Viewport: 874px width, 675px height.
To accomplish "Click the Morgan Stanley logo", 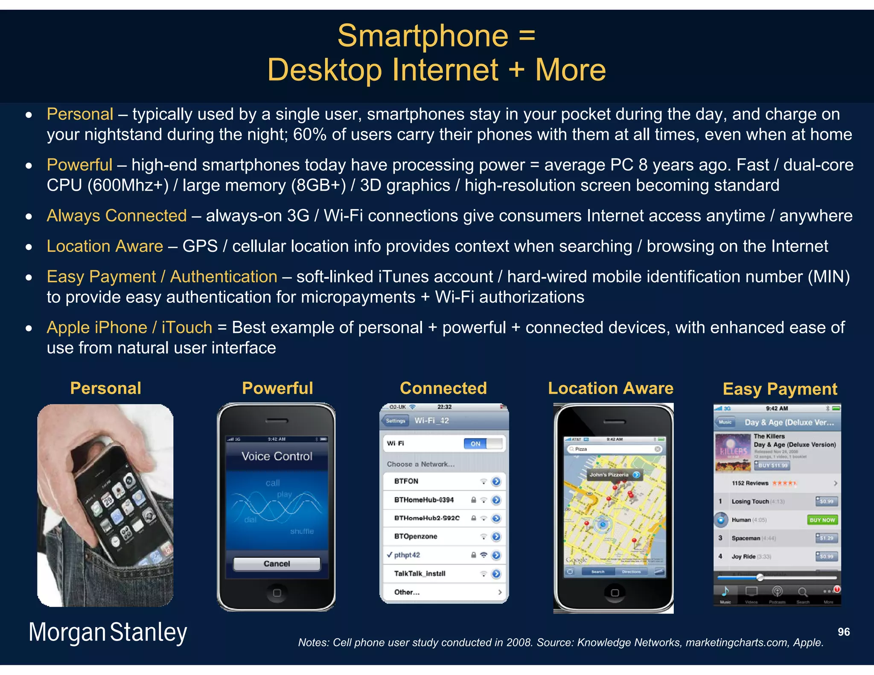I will tap(108, 632).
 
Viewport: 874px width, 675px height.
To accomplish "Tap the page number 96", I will tap(843, 632).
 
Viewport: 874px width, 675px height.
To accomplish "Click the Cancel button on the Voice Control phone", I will tap(277, 564).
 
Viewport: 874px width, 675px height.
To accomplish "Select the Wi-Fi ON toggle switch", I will tap(482, 444).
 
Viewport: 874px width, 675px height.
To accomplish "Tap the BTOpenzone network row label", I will tap(415, 536).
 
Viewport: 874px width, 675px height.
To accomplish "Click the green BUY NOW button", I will tap(822, 520).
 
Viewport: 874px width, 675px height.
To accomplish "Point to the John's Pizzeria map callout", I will tap(614, 474).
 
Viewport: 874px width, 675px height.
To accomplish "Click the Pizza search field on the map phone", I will tap(614, 449).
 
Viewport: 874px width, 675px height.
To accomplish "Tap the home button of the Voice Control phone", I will tap(277, 593).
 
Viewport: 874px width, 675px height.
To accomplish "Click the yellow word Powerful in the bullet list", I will tap(79, 165).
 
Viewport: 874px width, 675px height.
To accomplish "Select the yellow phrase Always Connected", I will tap(117, 215).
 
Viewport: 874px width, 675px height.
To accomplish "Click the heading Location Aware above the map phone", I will tap(610, 388).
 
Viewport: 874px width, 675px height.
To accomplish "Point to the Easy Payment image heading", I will tap(780, 389).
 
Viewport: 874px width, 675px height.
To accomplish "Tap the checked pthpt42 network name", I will tap(407, 555).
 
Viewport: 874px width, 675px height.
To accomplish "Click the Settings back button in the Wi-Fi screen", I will tap(395, 421).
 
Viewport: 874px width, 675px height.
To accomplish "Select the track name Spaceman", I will tap(746, 538).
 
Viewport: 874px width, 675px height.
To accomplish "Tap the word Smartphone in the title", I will tap(422, 36).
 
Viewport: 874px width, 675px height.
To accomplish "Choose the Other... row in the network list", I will tap(407, 592).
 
